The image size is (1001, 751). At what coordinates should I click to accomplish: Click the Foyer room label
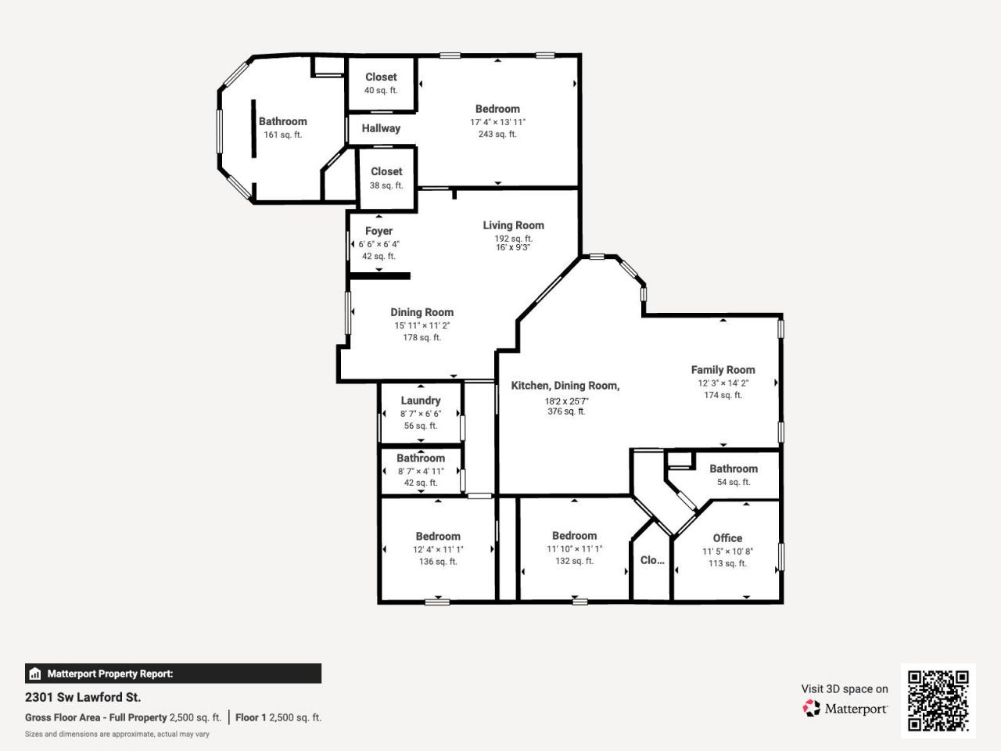coord(379,231)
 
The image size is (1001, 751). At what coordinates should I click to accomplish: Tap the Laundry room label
coord(421,401)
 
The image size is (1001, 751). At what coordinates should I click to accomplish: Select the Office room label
coord(727,538)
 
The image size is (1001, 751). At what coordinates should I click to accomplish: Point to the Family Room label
coord(723,370)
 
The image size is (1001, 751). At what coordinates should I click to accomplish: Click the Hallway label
coord(381,128)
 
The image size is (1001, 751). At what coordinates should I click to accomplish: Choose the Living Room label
coord(513,225)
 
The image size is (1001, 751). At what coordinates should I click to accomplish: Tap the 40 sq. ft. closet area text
coord(381,91)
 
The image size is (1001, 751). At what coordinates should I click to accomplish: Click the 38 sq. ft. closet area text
coord(386,186)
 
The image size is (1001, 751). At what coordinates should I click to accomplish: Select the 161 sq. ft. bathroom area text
coord(282,135)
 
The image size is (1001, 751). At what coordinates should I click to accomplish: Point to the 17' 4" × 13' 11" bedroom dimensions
coord(497,122)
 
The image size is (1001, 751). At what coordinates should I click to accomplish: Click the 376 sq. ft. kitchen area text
coord(566,411)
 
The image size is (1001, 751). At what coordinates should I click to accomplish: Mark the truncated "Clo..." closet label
coord(652,560)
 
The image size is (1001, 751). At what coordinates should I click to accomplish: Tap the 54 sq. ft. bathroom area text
coord(734,483)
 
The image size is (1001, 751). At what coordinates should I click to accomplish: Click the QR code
coord(938,701)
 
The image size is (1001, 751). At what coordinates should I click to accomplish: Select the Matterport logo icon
coord(812,708)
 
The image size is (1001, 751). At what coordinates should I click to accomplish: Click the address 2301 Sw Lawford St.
coord(83,697)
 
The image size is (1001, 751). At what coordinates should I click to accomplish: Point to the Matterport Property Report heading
coord(109,674)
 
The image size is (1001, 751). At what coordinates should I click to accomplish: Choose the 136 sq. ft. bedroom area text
coord(438,562)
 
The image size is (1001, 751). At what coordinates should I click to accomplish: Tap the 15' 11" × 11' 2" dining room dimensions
coord(422,325)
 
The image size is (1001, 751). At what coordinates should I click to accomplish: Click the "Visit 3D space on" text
coord(845,689)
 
